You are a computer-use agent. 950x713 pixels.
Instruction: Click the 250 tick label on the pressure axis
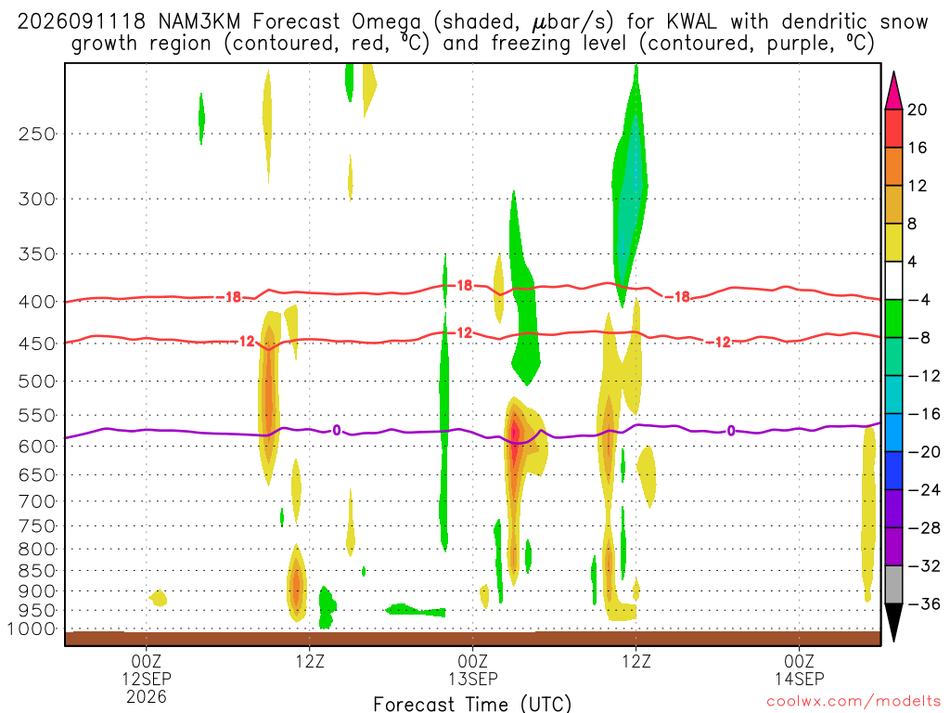point(37,134)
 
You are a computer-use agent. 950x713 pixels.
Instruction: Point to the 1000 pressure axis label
point(32,629)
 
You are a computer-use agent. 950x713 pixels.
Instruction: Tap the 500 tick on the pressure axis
point(37,382)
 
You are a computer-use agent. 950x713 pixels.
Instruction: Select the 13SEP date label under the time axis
point(472,679)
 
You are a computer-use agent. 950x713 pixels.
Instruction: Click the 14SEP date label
point(799,679)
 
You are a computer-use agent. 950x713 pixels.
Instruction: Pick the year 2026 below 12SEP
point(147,696)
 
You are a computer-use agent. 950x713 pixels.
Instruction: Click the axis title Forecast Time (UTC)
point(472,704)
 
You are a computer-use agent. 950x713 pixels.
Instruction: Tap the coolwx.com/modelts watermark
point(854,702)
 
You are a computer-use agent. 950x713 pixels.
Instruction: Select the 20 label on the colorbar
point(918,110)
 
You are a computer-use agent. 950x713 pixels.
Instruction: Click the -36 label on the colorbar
point(924,603)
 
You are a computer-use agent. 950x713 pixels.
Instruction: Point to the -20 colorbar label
point(924,452)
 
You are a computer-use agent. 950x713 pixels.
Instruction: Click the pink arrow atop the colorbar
point(893,91)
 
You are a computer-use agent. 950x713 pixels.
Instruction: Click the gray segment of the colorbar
point(893,585)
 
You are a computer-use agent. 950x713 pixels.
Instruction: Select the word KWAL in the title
point(691,22)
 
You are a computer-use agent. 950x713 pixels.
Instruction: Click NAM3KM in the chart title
point(199,22)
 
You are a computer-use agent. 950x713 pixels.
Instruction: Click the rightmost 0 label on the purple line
point(731,431)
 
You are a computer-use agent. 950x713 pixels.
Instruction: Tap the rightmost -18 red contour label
point(678,296)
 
